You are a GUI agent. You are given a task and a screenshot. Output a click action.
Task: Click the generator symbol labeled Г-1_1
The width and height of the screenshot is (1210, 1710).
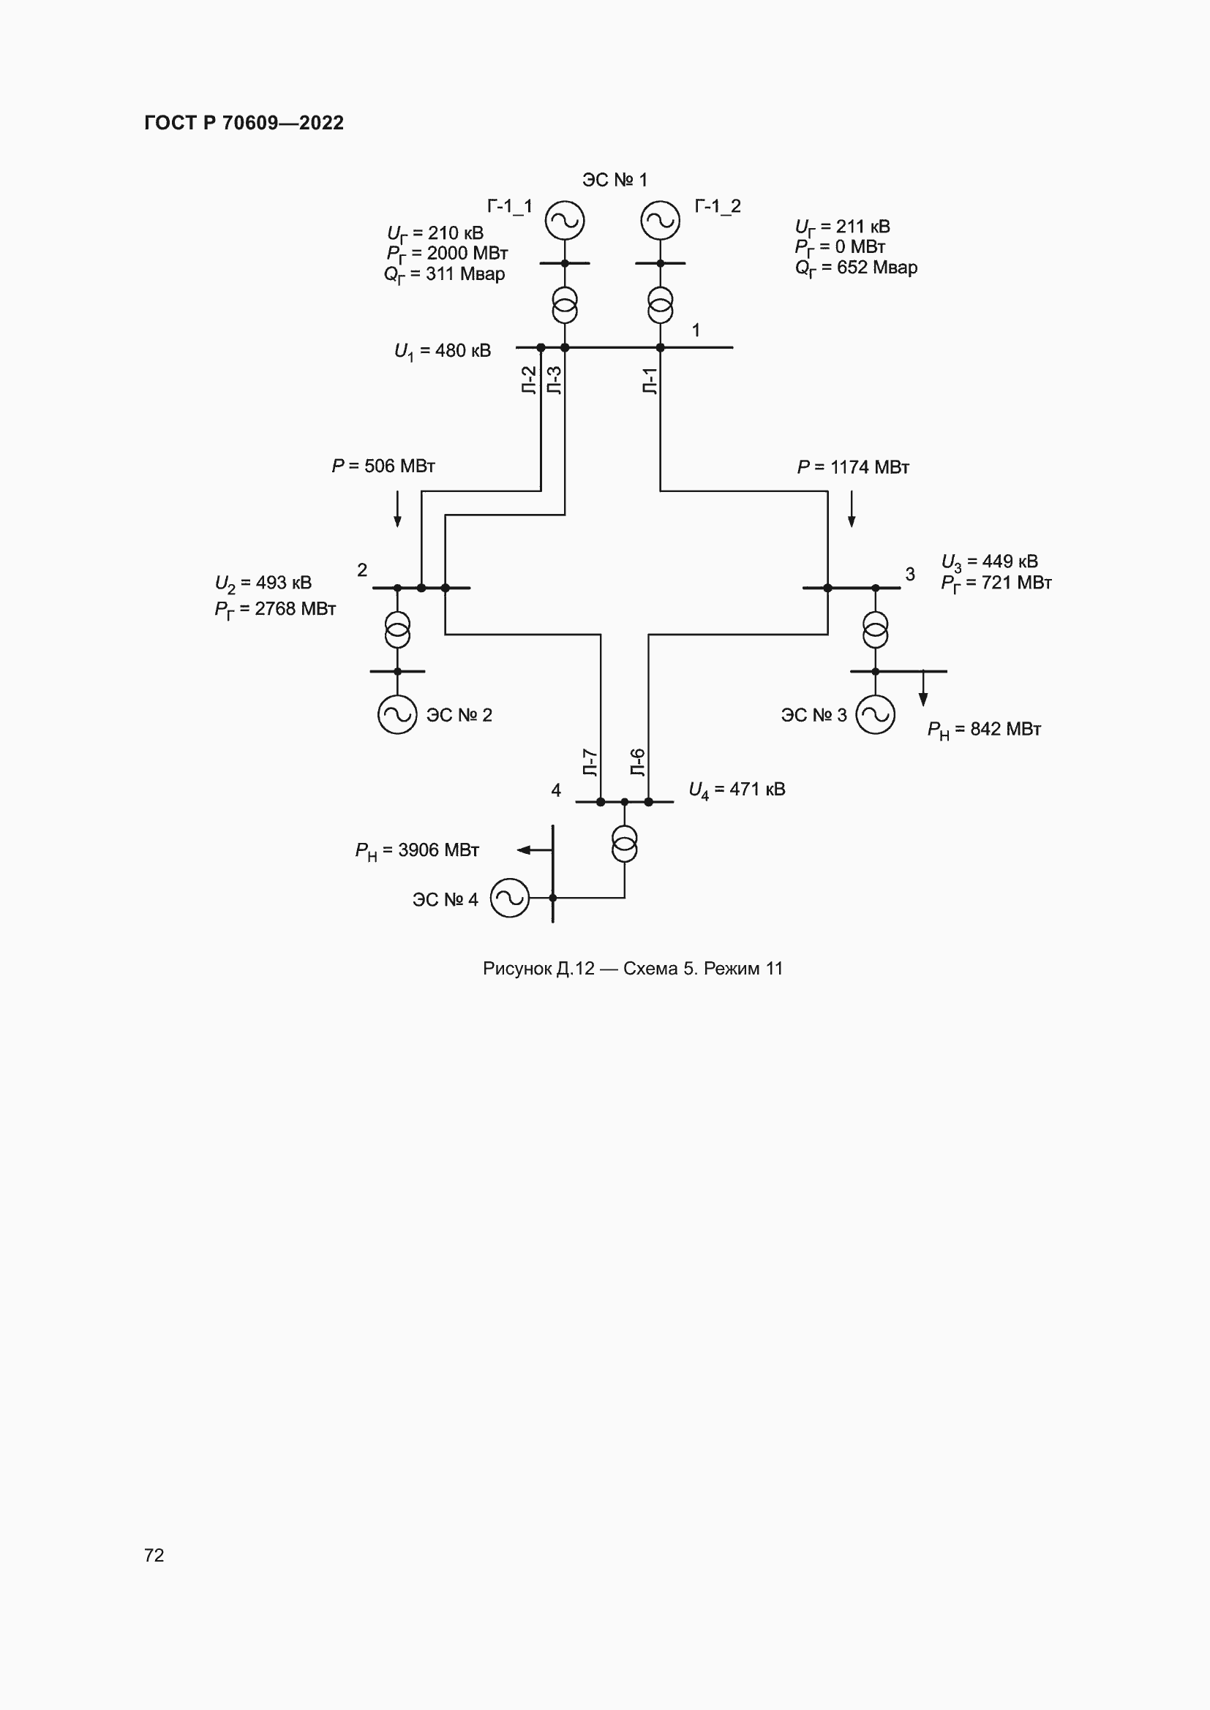click(x=564, y=221)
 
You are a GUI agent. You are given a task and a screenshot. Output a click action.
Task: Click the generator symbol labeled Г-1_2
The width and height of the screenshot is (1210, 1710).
click(x=660, y=221)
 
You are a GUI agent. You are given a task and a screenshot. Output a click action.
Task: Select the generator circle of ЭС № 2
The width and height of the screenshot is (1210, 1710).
click(x=397, y=714)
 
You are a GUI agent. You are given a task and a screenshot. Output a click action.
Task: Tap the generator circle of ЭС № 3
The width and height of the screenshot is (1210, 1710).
click(x=876, y=714)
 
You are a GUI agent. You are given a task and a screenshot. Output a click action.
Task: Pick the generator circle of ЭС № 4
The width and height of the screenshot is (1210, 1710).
click(x=510, y=898)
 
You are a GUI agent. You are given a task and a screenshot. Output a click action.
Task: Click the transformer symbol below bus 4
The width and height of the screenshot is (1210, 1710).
click(x=624, y=843)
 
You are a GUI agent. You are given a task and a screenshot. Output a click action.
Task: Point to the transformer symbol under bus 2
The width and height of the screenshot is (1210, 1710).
click(x=397, y=629)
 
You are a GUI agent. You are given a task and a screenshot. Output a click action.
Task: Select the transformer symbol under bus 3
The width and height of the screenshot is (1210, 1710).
click(x=876, y=629)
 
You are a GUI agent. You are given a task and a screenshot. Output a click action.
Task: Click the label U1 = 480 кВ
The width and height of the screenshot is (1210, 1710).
click(x=443, y=351)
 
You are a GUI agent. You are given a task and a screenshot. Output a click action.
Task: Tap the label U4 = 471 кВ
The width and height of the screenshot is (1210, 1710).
click(x=737, y=790)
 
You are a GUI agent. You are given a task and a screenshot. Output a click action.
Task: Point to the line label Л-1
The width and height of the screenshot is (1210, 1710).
click(x=650, y=381)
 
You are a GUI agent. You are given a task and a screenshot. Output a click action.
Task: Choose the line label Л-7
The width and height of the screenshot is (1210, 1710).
click(x=590, y=763)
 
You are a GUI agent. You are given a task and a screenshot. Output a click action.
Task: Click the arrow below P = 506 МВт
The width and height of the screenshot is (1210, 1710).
click(x=397, y=510)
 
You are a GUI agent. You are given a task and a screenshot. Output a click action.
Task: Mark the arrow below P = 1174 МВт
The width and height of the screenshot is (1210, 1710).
click(x=852, y=510)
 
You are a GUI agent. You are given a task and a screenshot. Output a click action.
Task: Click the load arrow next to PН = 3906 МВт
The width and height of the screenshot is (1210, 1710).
click(x=525, y=850)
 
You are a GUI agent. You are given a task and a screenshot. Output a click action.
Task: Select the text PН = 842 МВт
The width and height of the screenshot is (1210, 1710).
click(x=983, y=730)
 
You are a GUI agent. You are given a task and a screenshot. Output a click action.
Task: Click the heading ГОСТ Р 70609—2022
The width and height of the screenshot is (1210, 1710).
click(x=244, y=123)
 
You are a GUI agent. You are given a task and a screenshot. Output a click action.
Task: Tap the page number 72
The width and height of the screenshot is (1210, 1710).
click(x=154, y=1554)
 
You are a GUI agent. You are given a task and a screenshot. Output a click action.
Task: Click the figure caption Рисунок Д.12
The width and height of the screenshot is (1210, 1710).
click(x=633, y=968)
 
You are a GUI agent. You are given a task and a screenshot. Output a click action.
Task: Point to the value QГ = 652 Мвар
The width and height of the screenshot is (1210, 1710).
click(x=856, y=268)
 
